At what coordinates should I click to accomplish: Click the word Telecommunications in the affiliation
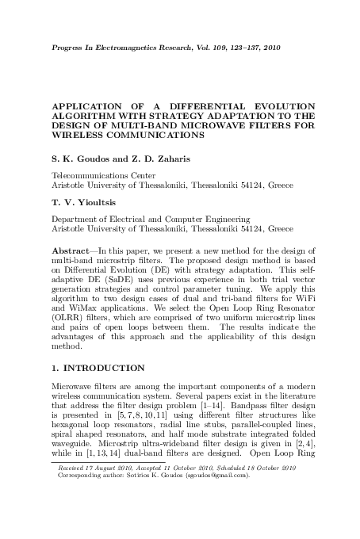coord(90,174)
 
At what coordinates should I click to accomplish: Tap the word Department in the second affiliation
coord(77,218)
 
